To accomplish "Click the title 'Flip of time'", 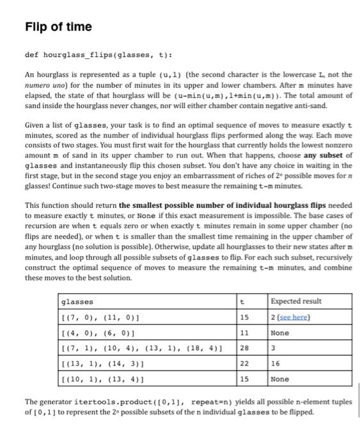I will point(58,27).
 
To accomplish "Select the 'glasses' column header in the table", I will point(77,301).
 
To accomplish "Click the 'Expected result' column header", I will point(297,301).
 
